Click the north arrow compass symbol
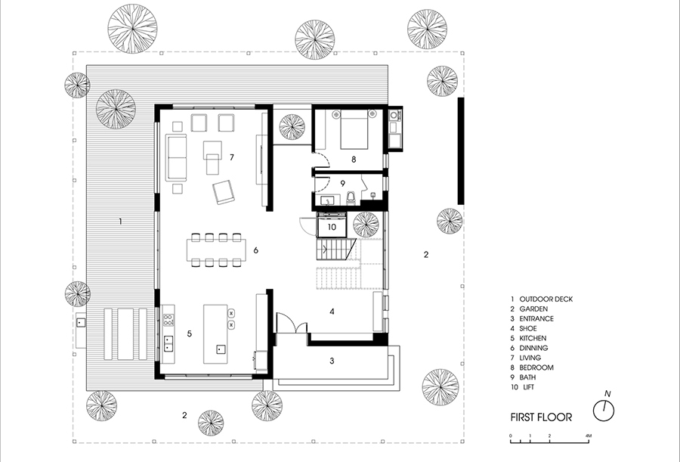604,411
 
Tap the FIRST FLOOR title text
541,417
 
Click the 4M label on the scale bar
588,436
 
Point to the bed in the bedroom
354,129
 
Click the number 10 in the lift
332,227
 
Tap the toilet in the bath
351,198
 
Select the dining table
216,250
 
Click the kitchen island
215,333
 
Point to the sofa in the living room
176,157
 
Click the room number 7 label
232,157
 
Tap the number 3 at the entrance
332,361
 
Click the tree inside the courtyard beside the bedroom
292,127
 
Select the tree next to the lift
366,225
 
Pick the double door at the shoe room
292,324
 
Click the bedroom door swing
322,160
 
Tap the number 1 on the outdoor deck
120,222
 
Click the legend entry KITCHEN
533,338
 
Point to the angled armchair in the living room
224,192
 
